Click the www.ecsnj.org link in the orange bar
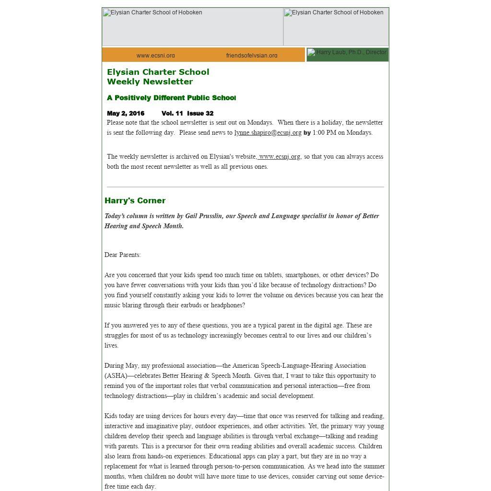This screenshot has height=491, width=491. coord(155,56)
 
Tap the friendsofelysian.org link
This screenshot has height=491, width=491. coord(252,56)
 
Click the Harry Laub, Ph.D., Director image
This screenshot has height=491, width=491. coord(348,54)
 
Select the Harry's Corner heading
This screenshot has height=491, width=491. coord(135,200)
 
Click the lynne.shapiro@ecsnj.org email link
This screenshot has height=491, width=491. coord(268,133)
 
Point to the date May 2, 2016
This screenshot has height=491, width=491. coord(126,114)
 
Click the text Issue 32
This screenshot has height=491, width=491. coord(200,114)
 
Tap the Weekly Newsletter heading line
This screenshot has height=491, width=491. coord(150,82)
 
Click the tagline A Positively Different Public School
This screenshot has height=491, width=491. coord(171,98)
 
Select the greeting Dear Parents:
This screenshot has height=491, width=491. coord(122,255)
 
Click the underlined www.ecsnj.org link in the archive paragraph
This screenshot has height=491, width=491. coord(279,157)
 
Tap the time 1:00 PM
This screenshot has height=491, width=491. coord(324,133)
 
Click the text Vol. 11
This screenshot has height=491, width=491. coord(172,114)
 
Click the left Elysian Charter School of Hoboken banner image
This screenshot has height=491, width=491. coord(192,27)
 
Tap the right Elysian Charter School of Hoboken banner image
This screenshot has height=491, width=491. coord(336,27)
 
